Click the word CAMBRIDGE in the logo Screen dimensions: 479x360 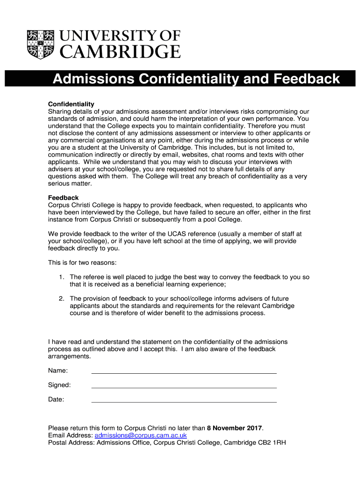pyautogui.click(x=121, y=51)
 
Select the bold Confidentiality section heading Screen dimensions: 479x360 pyautogui.click(x=71, y=104)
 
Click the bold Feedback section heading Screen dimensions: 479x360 pyautogui.click(x=63, y=198)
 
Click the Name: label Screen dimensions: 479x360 pyautogui.click(x=58, y=371)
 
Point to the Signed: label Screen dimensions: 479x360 pyautogui.click(x=59, y=385)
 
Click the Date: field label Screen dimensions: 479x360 pyautogui.click(x=56, y=400)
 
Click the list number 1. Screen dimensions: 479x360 pyautogui.click(x=61, y=277)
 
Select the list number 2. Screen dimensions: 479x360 pyautogui.click(x=61, y=298)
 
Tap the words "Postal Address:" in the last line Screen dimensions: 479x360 pyautogui.click(x=71, y=443)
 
